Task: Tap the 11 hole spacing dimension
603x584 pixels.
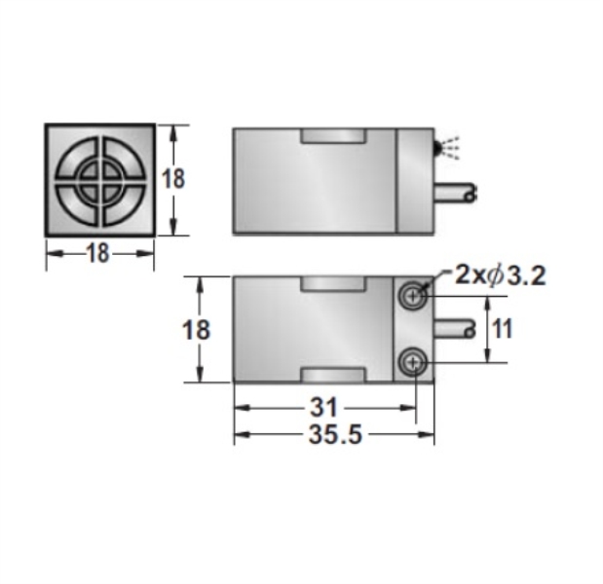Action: click(x=502, y=329)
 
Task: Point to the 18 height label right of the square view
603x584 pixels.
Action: click(x=173, y=179)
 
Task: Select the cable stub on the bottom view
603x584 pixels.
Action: click(x=453, y=329)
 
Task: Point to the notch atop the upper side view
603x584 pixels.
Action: click(x=333, y=137)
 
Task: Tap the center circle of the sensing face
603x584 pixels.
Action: click(x=98, y=179)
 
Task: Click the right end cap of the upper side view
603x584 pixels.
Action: click(x=415, y=181)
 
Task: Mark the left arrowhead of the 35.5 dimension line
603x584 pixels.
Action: click(x=240, y=435)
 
